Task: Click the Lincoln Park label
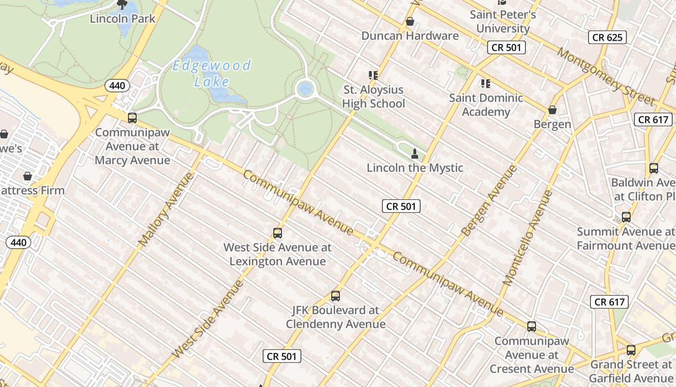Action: pyautogui.click(x=123, y=19)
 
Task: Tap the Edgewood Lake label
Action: pyautogui.click(x=212, y=73)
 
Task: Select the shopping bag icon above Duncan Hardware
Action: pyautogui.click(x=410, y=21)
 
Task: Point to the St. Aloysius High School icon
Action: pyautogui.click(x=373, y=75)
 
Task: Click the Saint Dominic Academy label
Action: pyautogui.click(x=486, y=104)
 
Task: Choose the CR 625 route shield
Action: pyautogui.click(x=607, y=37)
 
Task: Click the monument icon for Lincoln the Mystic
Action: pyautogui.click(x=414, y=154)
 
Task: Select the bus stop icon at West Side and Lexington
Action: pyautogui.click(x=278, y=233)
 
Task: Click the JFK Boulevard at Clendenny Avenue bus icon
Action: pyautogui.click(x=336, y=296)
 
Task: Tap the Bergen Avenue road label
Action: pyautogui.click(x=489, y=200)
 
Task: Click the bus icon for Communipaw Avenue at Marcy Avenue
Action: pyautogui.click(x=132, y=118)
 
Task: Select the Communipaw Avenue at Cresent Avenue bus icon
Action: pyautogui.click(x=532, y=327)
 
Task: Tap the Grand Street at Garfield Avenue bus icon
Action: pyautogui.click(x=631, y=350)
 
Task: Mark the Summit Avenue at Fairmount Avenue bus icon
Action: pyautogui.click(x=626, y=217)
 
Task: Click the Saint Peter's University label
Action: pyautogui.click(x=503, y=21)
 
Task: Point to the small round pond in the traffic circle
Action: pyautogui.click(x=305, y=89)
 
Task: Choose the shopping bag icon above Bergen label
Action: pyautogui.click(x=552, y=110)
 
